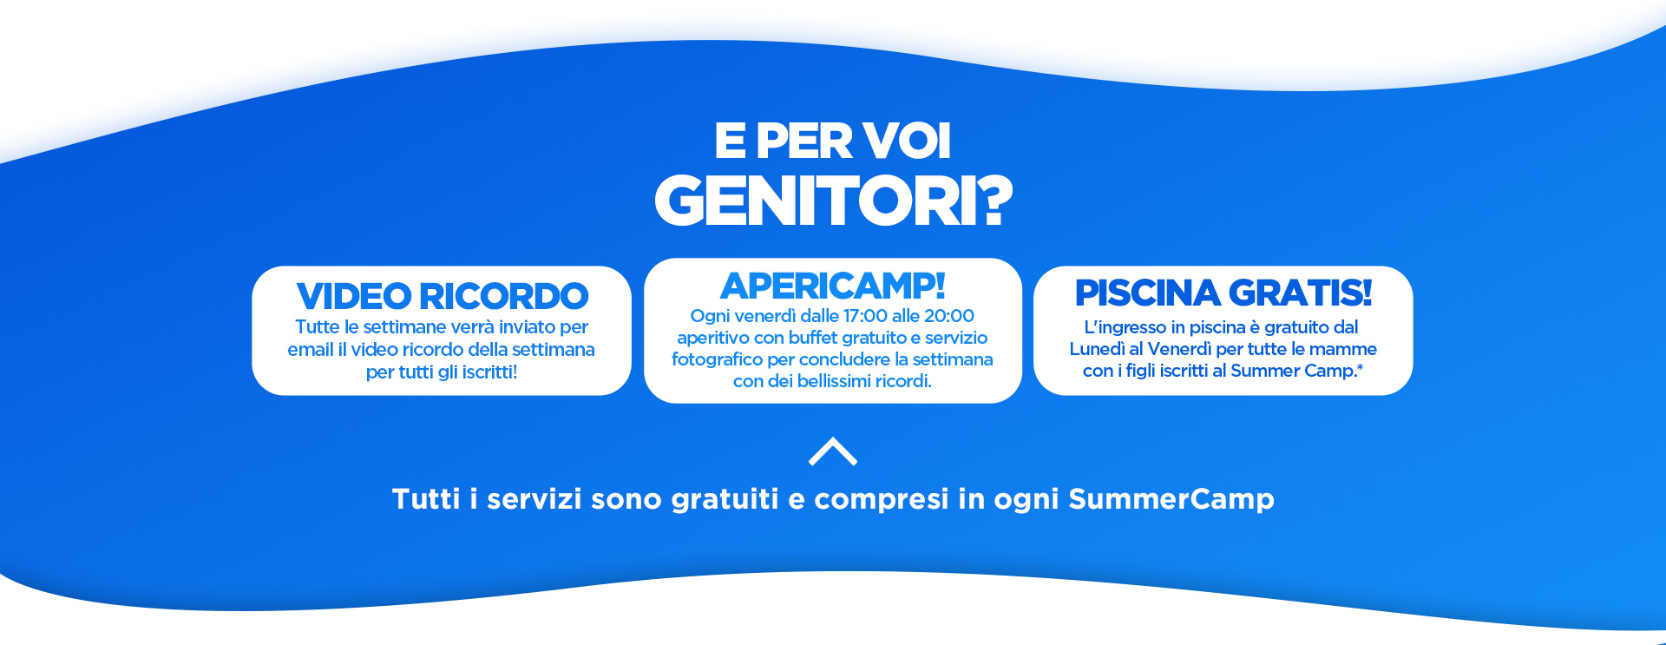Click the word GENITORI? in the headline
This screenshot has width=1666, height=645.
(833, 201)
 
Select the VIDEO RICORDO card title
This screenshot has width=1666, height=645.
(443, 296)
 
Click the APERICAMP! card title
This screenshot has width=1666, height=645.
(833, 286)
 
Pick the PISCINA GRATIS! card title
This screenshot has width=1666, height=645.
(1223, 293)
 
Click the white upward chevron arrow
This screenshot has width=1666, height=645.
(833, 451)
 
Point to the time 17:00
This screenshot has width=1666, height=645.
(865, 316)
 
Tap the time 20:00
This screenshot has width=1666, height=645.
(949, 316)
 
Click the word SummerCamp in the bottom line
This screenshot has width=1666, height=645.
(1171, 499)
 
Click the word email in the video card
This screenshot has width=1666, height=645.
(311, 350)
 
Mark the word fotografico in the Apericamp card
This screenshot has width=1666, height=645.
(717, 359)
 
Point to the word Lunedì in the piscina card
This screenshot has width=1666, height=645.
(1097, 349)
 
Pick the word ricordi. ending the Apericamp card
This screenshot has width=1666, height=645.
(903, 381)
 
